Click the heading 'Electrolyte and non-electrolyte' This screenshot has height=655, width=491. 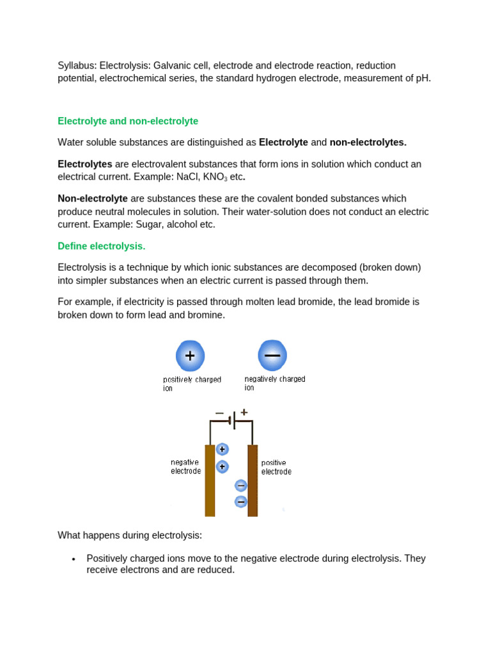[x=128, y=121]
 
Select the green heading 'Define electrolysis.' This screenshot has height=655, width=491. [x=102, y=246]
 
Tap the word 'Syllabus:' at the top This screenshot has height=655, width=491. [x=77, y=65]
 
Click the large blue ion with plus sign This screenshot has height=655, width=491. [x=190, y=356]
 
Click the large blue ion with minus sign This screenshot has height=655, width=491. [x=272, y=356]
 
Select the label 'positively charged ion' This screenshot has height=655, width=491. [x=192, y=384]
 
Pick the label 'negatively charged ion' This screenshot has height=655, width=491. [x=275, y=383]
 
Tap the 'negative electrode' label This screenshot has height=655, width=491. [x=185, y=466]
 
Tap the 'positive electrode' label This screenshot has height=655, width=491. [x=276, y=467]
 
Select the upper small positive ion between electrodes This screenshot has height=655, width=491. [x=222, y=450]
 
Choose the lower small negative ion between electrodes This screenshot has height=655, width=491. [x=241, y=501]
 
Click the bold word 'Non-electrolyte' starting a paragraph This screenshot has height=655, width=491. [x=93, y=198]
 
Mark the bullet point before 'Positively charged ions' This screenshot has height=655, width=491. [x=74, y=559]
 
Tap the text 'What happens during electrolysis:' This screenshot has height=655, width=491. [x=130, y=535]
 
